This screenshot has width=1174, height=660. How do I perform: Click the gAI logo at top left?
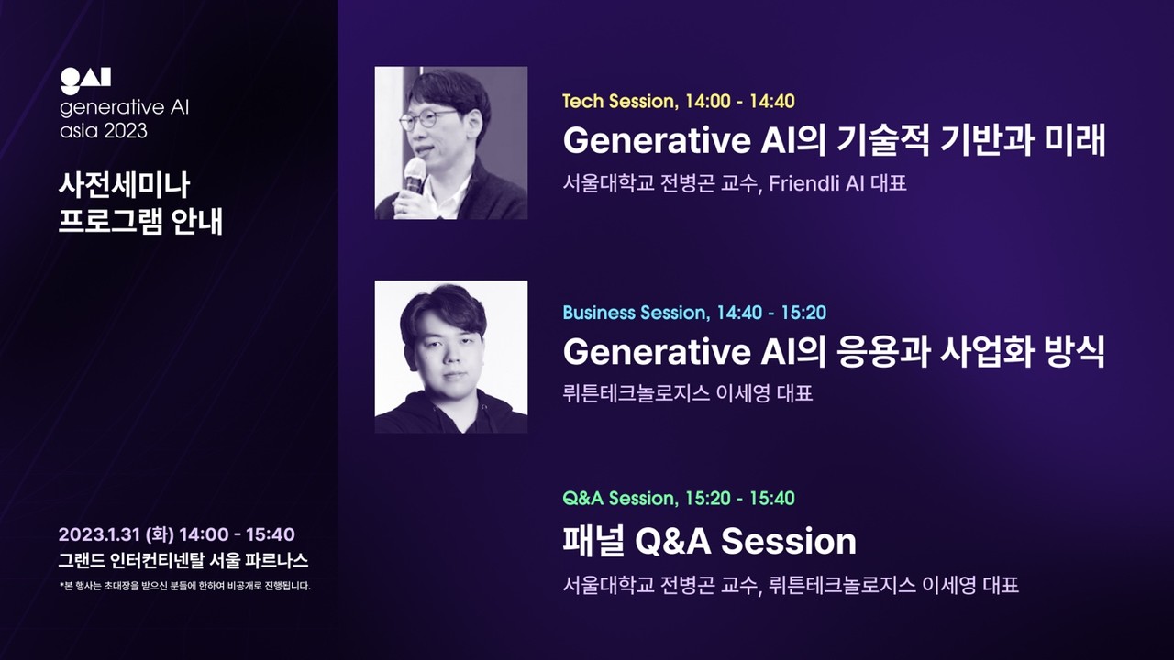[85, 82]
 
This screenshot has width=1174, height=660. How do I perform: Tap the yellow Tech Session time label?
[678, 101]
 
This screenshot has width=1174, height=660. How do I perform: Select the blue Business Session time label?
[694, 313]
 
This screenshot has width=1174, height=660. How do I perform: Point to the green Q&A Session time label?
[679, 499]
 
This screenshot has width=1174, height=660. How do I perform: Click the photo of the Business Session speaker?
[451, 357]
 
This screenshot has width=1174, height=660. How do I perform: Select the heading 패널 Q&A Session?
[709, 541]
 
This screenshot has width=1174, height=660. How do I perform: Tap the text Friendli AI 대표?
[837, 183]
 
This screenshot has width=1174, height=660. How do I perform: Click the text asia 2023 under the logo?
[104, 131]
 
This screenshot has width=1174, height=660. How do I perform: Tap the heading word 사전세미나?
[124, 185]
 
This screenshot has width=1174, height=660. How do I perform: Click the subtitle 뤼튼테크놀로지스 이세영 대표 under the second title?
[688, 394]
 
